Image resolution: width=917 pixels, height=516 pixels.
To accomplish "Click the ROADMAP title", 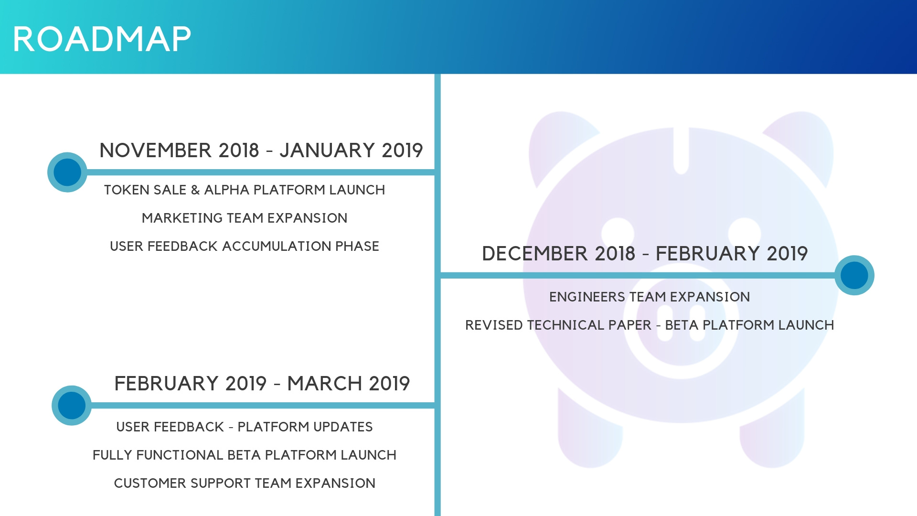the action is [102, 39].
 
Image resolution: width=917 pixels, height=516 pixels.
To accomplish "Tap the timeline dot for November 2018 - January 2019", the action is [67, 172].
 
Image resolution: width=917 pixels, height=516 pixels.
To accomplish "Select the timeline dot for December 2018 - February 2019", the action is [854, 275].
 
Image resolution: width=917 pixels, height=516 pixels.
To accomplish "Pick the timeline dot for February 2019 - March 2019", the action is [72, 406].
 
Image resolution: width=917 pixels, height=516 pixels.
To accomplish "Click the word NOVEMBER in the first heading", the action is [156, 150].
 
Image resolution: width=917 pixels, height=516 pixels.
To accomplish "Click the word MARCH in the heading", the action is [325, 384].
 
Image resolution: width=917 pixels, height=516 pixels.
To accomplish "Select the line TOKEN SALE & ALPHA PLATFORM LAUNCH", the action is [245, 190].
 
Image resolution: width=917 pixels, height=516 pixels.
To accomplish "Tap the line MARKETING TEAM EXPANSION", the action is [245, 218].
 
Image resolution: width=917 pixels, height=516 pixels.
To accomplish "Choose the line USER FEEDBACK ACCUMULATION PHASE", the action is [245, 247].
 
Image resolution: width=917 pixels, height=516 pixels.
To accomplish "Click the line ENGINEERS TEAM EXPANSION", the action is [650, 297].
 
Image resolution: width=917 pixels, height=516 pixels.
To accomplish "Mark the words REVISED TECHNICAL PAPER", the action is [558, 325].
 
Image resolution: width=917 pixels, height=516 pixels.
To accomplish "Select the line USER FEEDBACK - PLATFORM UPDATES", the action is [245, 427].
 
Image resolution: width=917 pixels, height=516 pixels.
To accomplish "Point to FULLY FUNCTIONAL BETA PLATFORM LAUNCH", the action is [245, 455].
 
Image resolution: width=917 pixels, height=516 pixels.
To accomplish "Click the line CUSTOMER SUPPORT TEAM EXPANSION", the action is [245, 484].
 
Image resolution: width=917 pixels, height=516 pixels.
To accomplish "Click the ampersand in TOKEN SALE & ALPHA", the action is [195, 190].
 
